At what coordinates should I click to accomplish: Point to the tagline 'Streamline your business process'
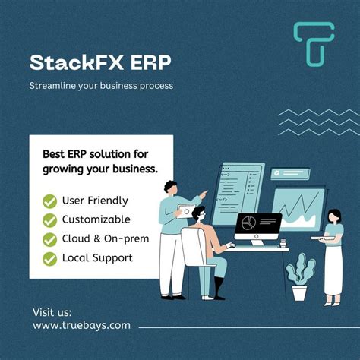click(x=101, y=85)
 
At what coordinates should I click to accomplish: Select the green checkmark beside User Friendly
click(x=50, y=201)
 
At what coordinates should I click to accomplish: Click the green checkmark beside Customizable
click(x=50, y=220)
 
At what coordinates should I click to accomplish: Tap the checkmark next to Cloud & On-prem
click(x=50, y=239)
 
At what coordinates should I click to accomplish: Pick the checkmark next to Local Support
click(x=50, y=258)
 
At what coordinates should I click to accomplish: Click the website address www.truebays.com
click(x=81, y=325)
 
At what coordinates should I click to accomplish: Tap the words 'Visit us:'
click(x=53, y=311)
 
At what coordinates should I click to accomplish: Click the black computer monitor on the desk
click(x=257, y=226)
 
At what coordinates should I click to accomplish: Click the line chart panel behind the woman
click(x=298, y=208)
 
